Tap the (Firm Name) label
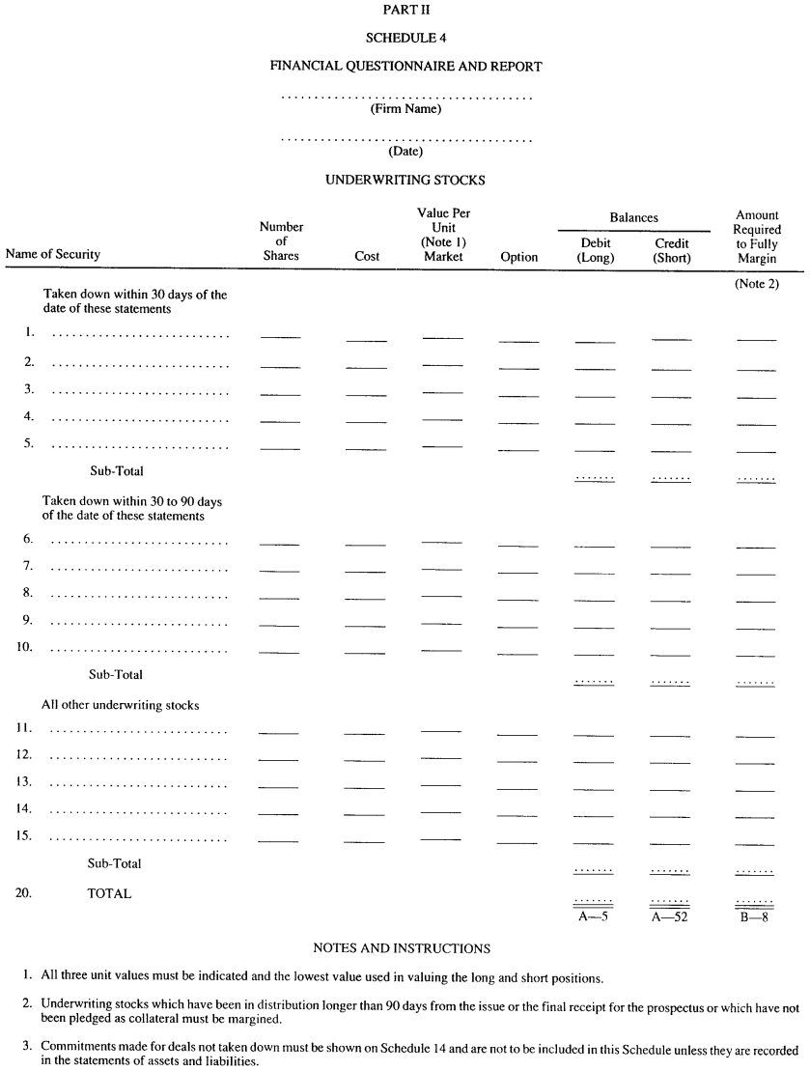405,110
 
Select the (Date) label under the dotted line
405,152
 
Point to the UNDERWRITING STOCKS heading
405,180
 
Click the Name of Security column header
53,255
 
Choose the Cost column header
367,257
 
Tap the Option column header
519,257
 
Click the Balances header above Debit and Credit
633,218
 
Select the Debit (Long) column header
596,251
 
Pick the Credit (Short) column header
671,251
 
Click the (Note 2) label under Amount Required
756,283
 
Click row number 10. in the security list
25,646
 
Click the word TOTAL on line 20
109,894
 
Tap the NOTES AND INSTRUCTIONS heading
402,949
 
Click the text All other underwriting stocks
120,706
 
